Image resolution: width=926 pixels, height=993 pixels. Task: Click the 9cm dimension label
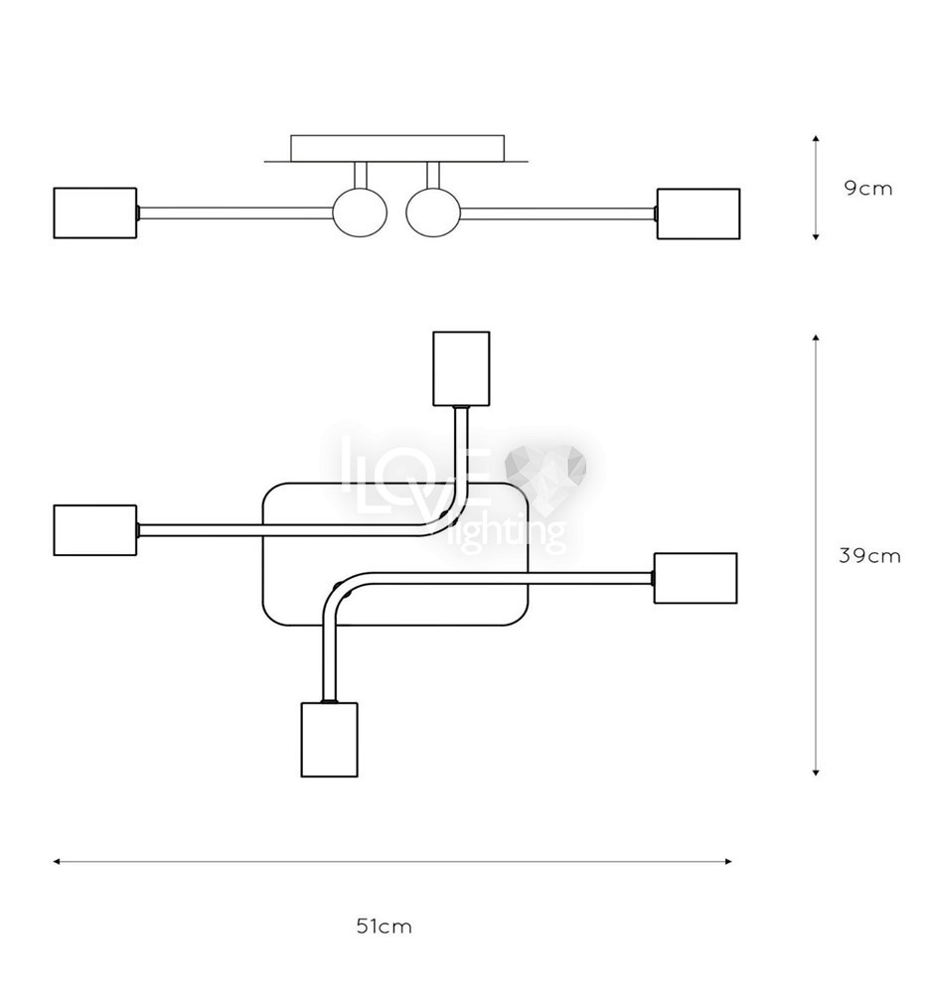[867, 188]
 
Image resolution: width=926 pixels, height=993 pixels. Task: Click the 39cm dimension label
[869, 555]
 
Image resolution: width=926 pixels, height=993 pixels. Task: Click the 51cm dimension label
[385, 926]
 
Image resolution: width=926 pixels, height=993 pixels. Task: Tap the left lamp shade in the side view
[95, 213]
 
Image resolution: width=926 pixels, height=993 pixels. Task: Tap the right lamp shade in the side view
[698, 213]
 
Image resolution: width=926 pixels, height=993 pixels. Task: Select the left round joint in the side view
[360, 213]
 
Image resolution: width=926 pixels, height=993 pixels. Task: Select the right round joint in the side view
[433, 213]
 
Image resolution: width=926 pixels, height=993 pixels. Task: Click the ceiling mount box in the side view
[397, 148]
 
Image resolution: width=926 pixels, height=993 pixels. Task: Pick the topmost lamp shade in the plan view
[461, 368]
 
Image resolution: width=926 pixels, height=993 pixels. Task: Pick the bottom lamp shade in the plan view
[329, 739]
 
